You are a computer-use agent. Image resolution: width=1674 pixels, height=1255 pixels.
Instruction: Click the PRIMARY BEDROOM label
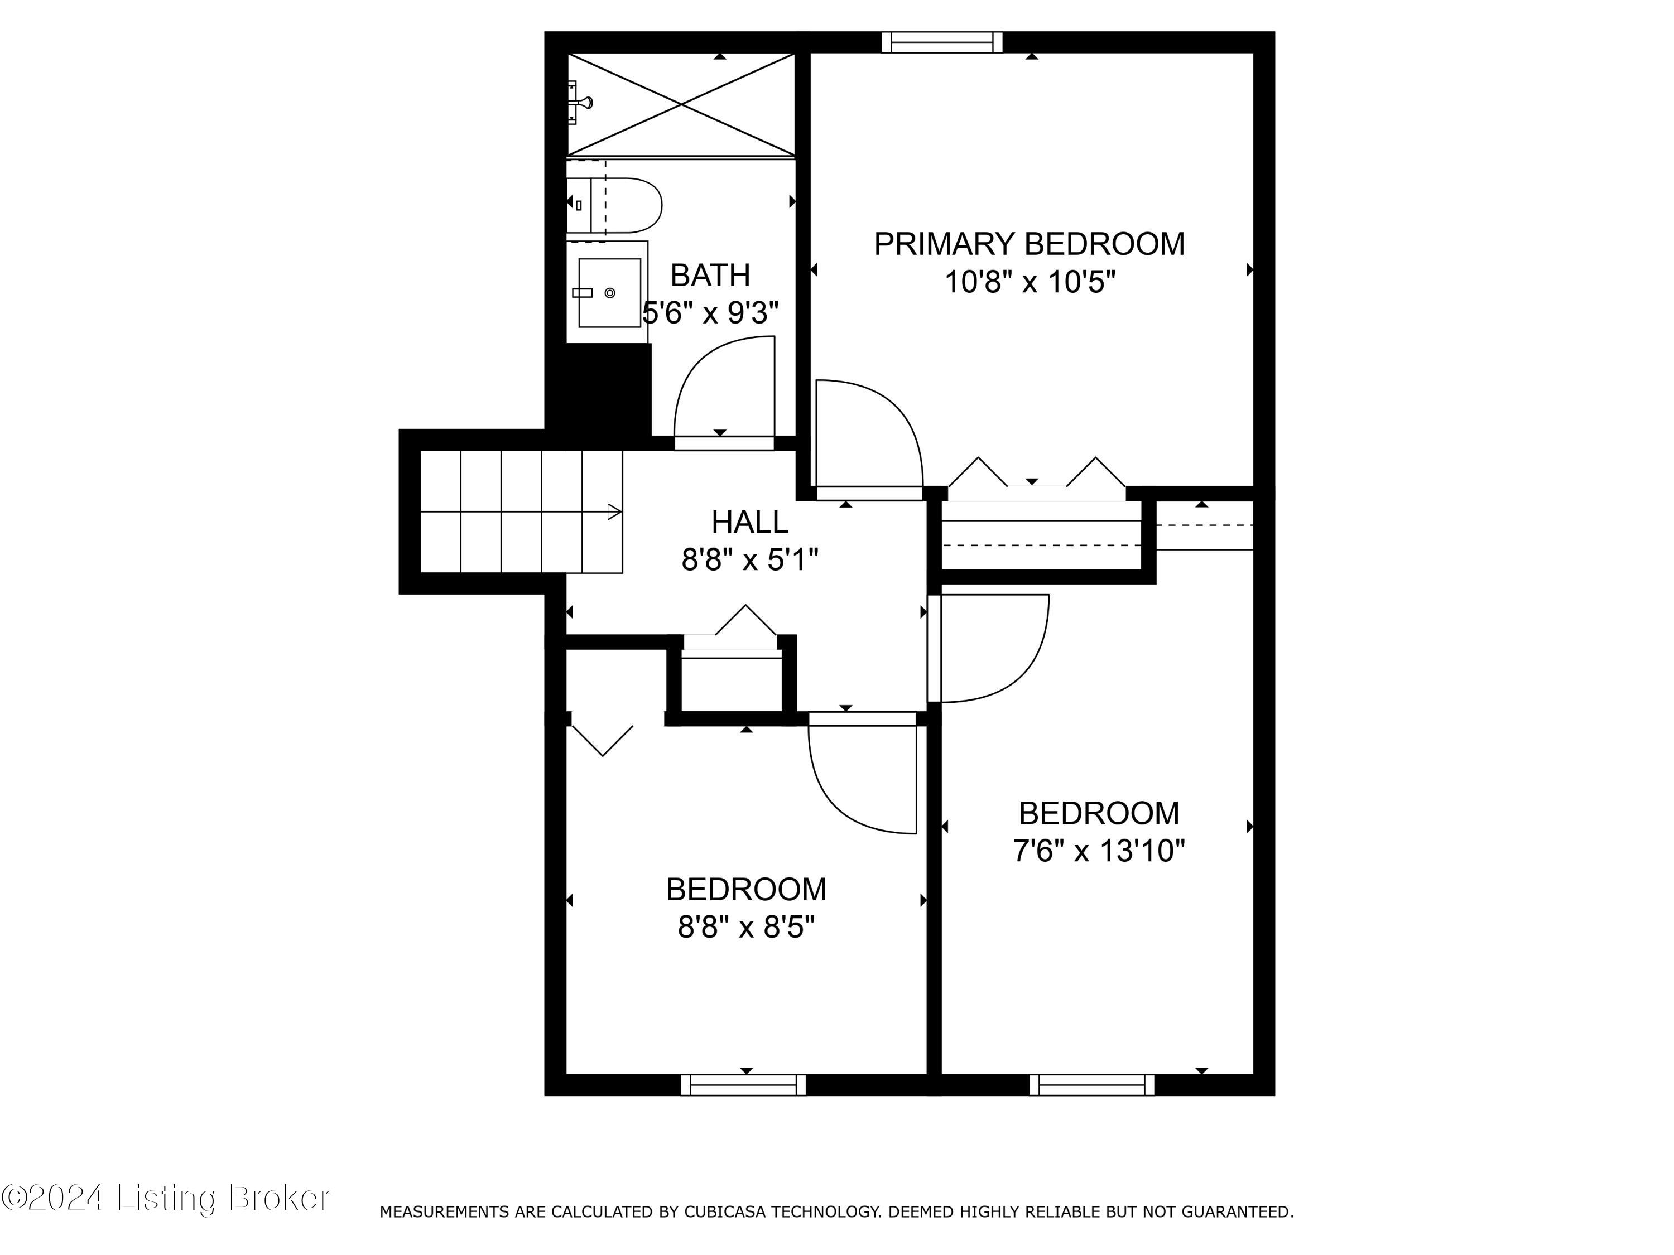(1029, 244)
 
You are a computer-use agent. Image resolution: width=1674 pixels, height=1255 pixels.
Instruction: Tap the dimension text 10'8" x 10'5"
(1029, 283)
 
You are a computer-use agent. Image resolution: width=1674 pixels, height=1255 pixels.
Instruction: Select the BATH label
(710, 276)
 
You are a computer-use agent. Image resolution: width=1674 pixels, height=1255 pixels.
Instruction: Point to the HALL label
(749, 522)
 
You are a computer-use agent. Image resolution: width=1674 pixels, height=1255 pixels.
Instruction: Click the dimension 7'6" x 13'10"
(1098, 851)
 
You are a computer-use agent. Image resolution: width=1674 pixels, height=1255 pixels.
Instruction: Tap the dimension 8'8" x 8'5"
(745, 926)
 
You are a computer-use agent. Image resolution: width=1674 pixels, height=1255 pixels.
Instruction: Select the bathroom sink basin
(609, 293)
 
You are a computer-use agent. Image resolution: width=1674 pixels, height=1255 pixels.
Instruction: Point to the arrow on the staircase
(614, 512)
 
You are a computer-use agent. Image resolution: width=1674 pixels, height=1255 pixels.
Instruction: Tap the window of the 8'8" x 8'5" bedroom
(743, 1085)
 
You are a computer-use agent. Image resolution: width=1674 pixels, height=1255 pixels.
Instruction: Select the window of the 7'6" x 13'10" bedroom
(1091, 1085)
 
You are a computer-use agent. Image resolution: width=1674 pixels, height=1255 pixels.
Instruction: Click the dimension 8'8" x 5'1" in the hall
(749, 561)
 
